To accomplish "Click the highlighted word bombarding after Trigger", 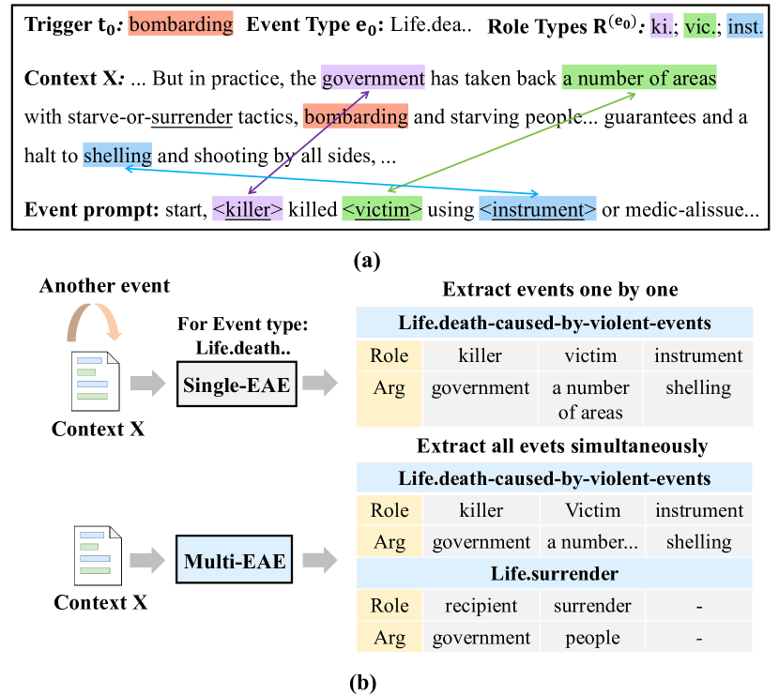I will coord(180,25).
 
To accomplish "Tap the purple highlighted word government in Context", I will coord(373,79).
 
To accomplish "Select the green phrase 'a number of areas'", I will coord(639,79).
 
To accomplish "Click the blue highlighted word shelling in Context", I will coord(117,156).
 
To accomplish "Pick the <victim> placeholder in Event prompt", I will coord(382,209).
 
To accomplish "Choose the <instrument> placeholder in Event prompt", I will coord(538,209).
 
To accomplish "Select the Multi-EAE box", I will coord(237,562).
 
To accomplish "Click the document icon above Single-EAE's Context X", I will coord(98,380).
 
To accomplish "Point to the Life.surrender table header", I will coord(554,573).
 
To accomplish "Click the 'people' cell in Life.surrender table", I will coord(592,638).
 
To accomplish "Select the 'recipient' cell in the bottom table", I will coord(481,606).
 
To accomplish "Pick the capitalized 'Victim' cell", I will coord(592,511).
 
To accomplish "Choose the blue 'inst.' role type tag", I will coord(745,27).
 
